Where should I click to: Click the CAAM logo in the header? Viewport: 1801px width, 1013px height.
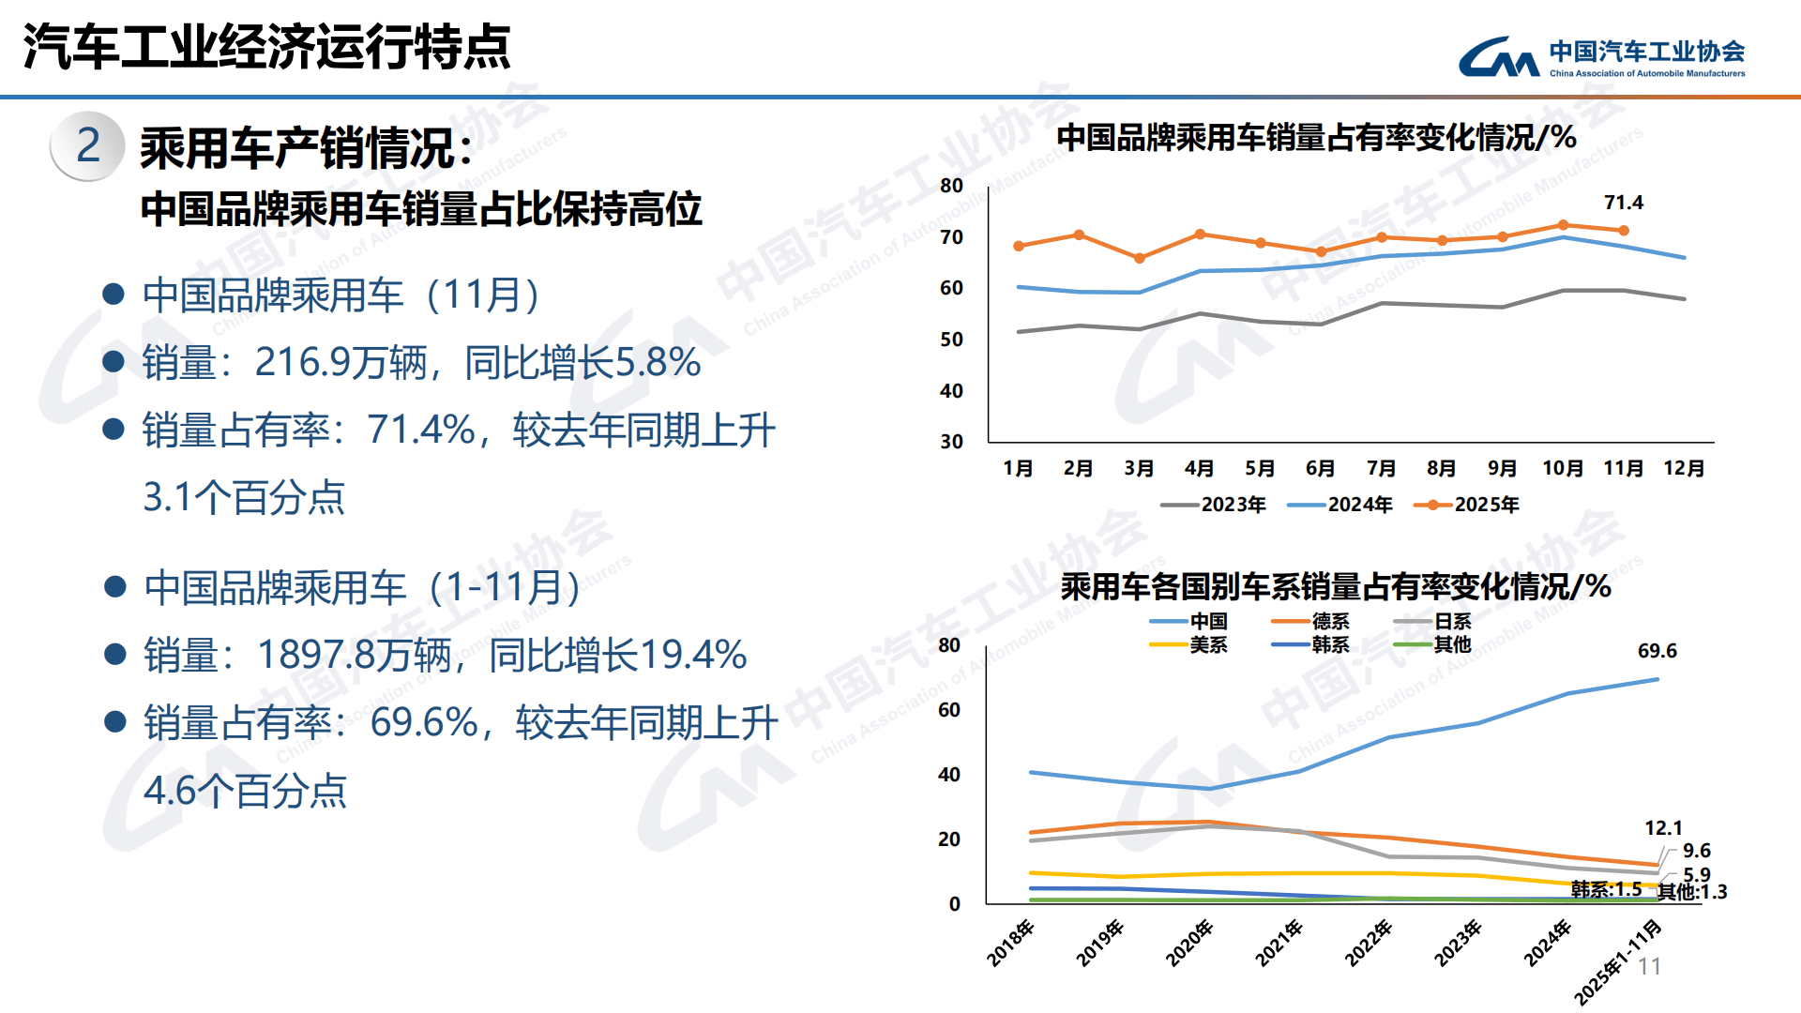(1600, 57)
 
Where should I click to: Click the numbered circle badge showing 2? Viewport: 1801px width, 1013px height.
(87, 145)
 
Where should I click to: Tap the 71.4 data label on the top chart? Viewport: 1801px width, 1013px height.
(1623, 203)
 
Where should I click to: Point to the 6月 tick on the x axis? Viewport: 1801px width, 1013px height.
(1320, 468)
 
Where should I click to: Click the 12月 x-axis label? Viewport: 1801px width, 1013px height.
(1683, 468)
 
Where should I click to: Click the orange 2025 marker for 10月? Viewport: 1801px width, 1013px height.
(1563, 225)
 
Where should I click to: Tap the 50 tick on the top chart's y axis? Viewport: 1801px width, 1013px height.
(951, 340)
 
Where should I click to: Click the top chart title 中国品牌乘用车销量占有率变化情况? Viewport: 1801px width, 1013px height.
(1315, 138)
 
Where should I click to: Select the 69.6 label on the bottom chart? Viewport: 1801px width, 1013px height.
(1657, 651)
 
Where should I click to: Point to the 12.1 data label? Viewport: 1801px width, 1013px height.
(1663, 828)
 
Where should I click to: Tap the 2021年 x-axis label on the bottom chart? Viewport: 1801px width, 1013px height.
(1279, 943)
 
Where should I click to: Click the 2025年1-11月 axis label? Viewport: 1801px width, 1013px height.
(1617, 962)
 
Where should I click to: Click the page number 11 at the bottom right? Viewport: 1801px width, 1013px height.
(1649, 967)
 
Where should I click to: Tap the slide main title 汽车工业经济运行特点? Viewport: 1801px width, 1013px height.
(266, 47)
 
